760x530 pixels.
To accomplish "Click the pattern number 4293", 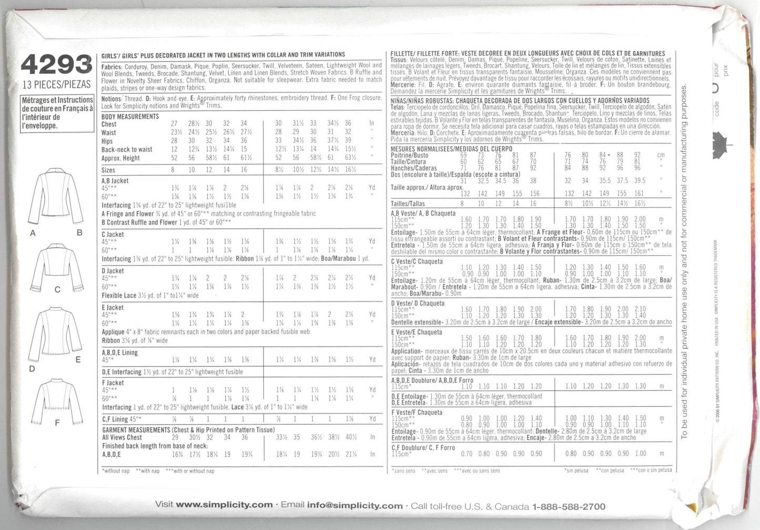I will tap(57, 66).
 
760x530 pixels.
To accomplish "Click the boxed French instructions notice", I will tap(57, 113).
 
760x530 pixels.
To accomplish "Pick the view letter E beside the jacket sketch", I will tap(78, 360).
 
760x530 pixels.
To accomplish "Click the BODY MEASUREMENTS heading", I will tap(130, 116).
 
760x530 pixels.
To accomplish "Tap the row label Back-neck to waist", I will tap(127, 149).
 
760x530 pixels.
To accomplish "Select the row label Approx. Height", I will tap(120, 158).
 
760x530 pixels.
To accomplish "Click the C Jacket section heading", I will tap(113, 235).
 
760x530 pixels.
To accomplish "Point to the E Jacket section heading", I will tap(113, 308).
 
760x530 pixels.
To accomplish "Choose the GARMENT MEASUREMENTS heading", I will tap(136, 430).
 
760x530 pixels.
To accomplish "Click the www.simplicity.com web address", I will tap(224, 505).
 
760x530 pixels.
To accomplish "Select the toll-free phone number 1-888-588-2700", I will tap(569, 506).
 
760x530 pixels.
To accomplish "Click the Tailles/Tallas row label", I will tap(408, 203).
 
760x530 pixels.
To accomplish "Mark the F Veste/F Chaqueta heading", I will tap(417, 412).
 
